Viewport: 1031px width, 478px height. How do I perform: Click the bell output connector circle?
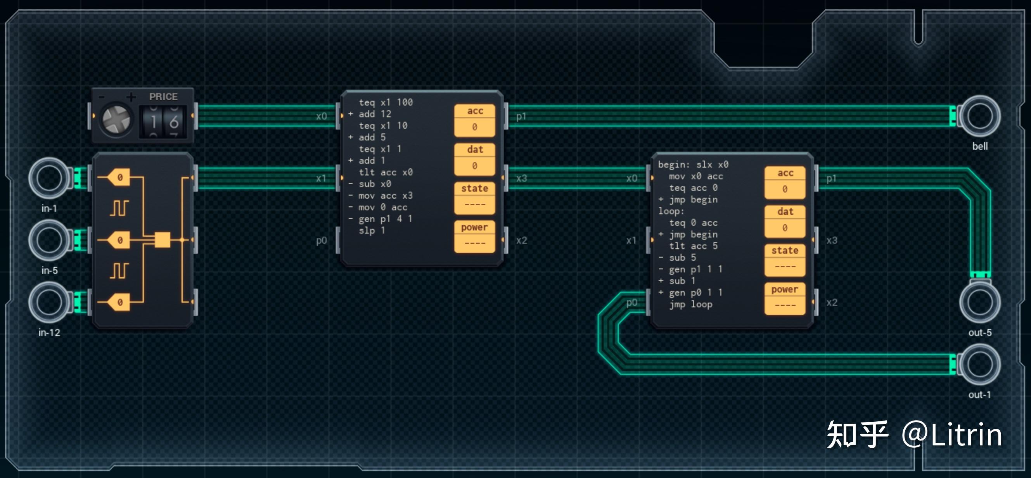[979, 116]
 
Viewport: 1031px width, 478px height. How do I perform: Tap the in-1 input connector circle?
[49, 178]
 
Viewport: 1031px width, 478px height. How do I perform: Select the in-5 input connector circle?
[49, 240]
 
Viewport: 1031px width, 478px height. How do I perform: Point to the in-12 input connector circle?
[49, 302]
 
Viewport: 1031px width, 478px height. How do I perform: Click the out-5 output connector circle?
[979, 302]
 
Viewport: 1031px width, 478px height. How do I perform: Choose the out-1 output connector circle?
[979, 364]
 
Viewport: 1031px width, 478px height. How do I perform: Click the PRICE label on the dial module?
[163, 97]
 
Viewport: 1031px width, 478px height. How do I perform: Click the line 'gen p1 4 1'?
[385, 218]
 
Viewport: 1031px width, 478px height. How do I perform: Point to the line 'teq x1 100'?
[386, 102]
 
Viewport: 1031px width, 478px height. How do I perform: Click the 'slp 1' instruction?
[372, 230]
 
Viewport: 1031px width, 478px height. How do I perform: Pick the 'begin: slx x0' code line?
[693, 165]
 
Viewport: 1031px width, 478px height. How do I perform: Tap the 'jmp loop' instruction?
[691, 304]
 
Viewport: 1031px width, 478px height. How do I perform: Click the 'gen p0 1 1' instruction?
[695, 292]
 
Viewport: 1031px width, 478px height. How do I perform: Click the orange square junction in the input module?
[162, 240]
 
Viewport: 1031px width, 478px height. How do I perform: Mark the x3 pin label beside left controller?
[521, 178]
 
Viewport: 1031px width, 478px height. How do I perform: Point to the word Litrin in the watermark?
[966, 435]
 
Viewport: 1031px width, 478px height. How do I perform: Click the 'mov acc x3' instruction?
[385, 196]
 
